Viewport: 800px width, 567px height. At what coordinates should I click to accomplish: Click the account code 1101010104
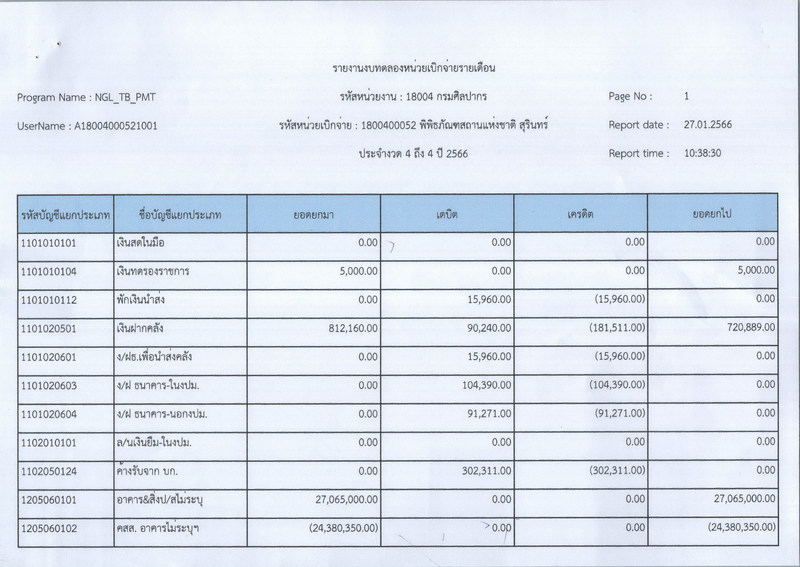point(49,272)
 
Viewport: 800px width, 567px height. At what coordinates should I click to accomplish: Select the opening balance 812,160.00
point(353,328)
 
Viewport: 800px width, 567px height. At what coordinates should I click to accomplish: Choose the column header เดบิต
point(447,214)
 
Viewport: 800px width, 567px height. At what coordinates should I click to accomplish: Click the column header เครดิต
point(580,214)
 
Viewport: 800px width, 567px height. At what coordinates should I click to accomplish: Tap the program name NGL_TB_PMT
point(125,97)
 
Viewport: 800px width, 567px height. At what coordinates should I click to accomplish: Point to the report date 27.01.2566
point(707,125)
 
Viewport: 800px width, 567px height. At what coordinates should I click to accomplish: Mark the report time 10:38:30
point(702,153)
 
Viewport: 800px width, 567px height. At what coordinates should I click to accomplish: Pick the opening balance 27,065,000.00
point(346,500)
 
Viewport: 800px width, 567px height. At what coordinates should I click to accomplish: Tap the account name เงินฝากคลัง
point(140,328)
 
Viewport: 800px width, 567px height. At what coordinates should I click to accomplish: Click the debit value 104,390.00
point(486,385)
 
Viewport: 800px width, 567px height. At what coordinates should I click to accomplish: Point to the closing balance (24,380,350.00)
point(741,527)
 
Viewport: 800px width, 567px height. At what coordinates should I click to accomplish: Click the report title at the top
point(414,68)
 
